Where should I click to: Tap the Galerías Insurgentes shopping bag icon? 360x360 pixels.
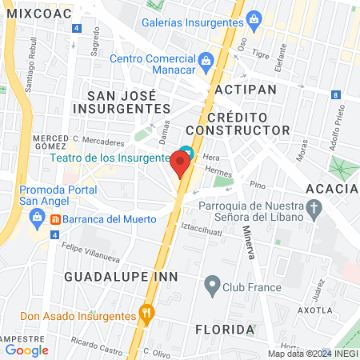coord(254,18)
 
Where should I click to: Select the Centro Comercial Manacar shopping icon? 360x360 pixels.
coord(206,58)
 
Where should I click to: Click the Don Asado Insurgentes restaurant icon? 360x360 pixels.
coord(146,312)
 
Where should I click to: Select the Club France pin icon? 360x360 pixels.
coord(212,283)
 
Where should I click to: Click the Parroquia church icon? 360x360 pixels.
coord(314,210)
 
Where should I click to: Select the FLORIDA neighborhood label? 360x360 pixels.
coord(225,329)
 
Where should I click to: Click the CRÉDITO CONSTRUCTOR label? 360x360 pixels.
coord(237,121)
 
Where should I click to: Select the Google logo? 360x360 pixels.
coord(26,350)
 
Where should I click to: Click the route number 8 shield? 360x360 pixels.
coord(333,95)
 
